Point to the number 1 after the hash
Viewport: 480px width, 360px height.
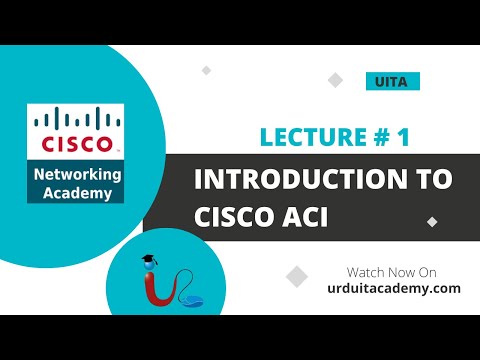(x=403, y=137)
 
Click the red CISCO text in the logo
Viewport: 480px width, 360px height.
(x=75, y=144)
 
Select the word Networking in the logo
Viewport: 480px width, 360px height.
(x=76, y=174)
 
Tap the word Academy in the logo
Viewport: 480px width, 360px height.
(x=76, y=192)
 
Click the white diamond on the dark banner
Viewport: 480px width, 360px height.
(x=432, y=221)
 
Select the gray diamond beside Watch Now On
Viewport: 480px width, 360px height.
(x=296, y=276)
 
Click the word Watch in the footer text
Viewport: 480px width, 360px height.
(x=365, y=272)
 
